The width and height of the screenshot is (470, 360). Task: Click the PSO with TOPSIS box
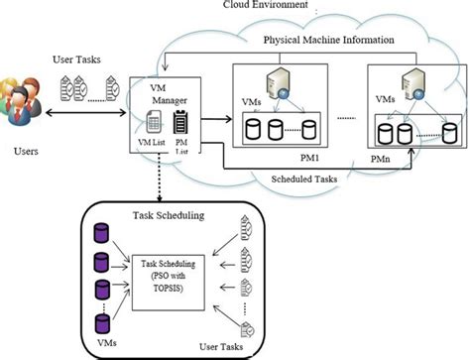coord(170,270)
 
